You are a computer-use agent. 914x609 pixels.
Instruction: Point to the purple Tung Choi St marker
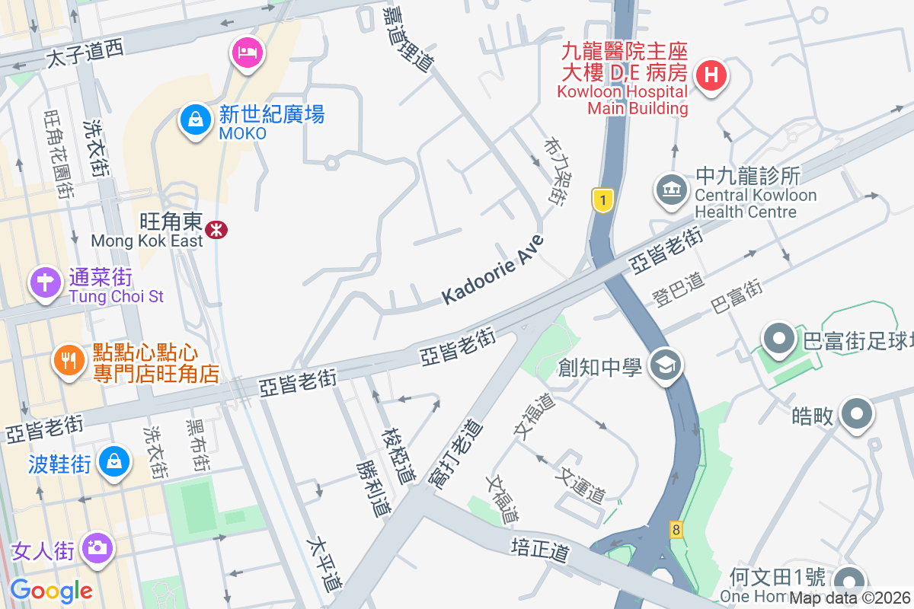[x=45, y=283]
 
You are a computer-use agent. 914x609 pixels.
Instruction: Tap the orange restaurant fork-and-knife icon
[x=70, y=360]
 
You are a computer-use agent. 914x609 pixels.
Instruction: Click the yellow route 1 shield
[x=602, y=200]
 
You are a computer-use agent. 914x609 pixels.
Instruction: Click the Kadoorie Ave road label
[x=494, y=270]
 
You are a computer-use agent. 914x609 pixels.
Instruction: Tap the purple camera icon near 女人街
[x=96, y=547]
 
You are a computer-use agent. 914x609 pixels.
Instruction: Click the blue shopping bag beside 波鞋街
[x=113, y=461]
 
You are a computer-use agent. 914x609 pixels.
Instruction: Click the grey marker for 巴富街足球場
[x=779, y=340]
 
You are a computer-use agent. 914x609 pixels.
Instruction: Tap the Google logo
[x=51, y=590]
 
